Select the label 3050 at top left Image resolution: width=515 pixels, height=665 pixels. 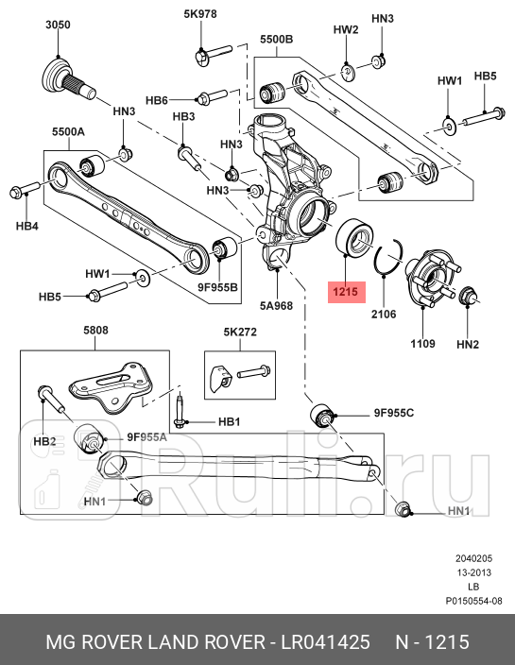pyautogui.click(x=59, y=26)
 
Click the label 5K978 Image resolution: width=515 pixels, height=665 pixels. pyautogui.click(x=200, y=14)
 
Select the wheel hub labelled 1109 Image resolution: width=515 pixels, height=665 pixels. pyautogui.click(x=432, y=276)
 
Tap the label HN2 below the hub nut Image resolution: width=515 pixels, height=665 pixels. pyautogui.click(x=468, y=345)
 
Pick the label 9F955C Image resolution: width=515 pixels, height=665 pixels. pyautogui.click(x=395, y=414)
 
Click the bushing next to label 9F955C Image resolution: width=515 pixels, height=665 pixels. pyautogui.click(x=324, y=416)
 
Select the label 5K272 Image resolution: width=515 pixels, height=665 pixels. pyautogui.click(x=240, y=332)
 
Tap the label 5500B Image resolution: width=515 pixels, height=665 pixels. pyautogui.click(x=277, y=40)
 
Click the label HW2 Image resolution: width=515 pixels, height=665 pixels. pyautogui.click(x=347, y=29)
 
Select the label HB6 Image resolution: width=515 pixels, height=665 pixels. pyautogui.click(x=157, y=100)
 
